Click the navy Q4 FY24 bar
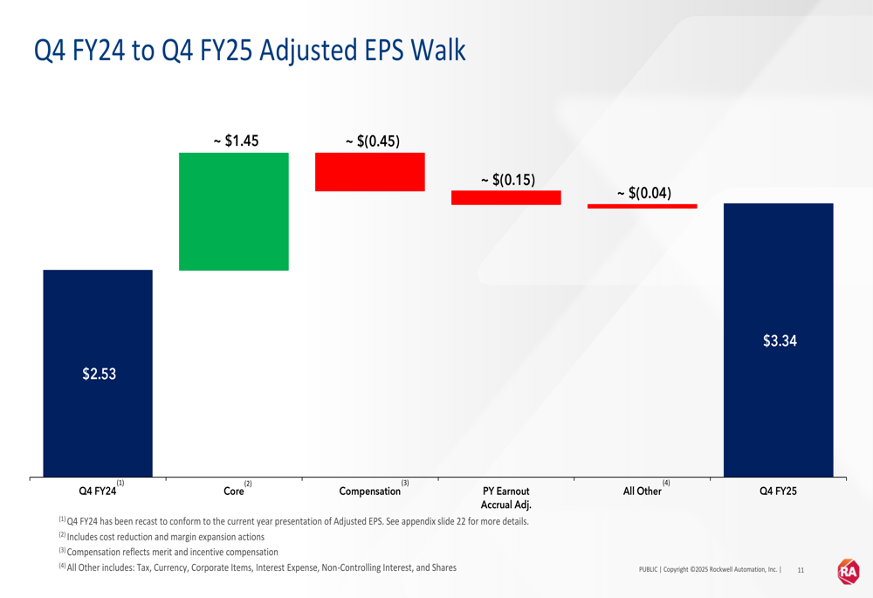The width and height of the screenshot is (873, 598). [x=98, y=419]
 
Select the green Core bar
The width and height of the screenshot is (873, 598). [x=233, y=211]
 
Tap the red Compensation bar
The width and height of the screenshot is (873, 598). [x=369, y=172]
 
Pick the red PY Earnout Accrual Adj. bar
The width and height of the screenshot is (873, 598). [x=505, y=197]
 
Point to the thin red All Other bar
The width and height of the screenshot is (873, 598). [x=642, y=206]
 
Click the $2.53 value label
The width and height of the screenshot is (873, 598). [x=99, y=375]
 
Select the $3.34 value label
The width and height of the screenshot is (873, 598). [x=780, y=341]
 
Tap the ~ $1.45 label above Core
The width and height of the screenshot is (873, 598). [x=236, y=141]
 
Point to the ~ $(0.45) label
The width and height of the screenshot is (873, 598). [x=373, y=141]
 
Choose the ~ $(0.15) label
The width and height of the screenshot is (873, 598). [x=508, y=180]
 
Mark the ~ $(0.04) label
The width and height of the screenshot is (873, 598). [x=644, y=193]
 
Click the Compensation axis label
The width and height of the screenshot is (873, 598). [x=370, y=491]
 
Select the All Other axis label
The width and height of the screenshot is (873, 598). [x=642, y=491]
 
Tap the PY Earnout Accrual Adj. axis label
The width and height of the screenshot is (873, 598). [x=506, y=498]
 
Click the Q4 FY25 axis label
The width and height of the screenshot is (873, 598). [x=779, y=491]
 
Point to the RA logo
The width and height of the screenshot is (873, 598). [x=848, y=571]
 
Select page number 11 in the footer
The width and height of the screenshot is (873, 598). [x=801, y=570]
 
